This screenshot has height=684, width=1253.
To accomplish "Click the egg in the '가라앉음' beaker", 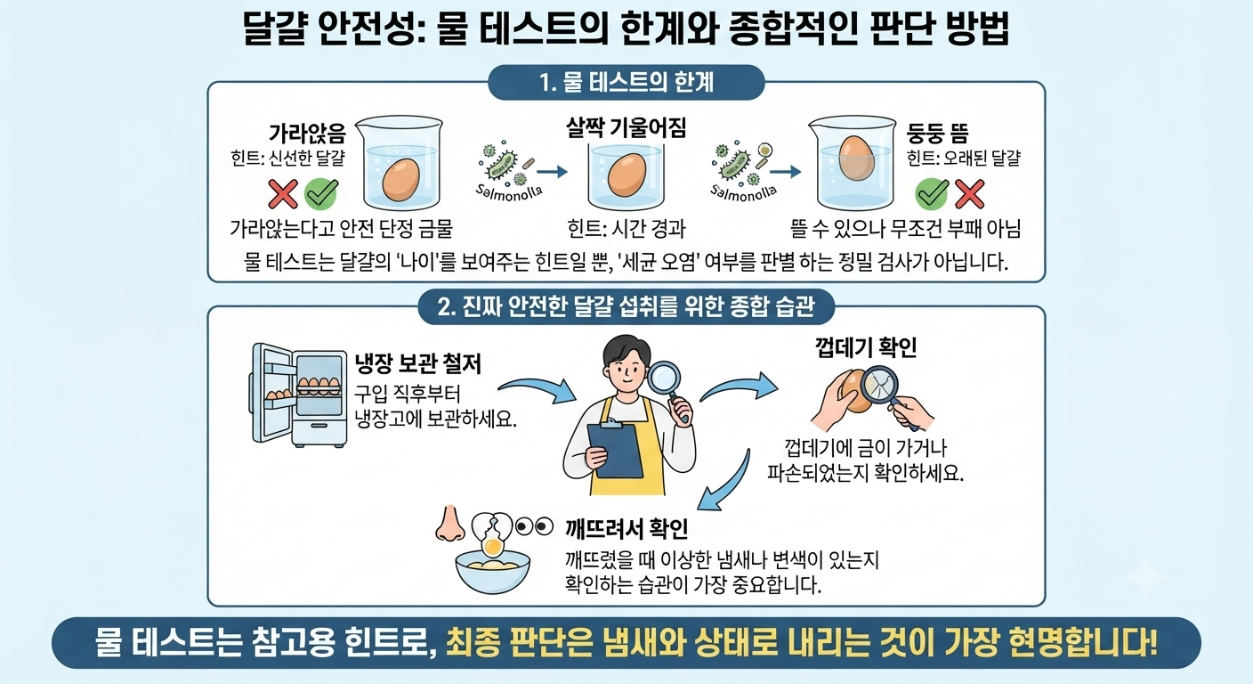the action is click(401, 180).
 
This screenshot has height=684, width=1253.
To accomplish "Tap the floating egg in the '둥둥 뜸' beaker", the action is click(856, 158).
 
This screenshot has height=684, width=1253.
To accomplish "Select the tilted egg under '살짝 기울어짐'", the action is click(626, 175).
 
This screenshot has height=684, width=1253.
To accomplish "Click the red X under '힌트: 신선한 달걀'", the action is click(283, 193).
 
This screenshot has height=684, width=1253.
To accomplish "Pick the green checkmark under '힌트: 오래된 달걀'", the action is click(932, 193).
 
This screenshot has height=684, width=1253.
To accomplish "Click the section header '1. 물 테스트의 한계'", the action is click(626, 82).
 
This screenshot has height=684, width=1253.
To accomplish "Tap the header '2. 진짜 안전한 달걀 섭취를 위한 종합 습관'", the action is click(626, 306).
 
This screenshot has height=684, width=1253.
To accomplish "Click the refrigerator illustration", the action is click(297, 395).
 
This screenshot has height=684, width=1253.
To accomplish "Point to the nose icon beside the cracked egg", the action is click(449, 524).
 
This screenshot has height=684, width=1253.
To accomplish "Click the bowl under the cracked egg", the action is click(493, 571).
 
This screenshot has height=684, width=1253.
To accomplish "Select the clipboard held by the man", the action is click(615, 450).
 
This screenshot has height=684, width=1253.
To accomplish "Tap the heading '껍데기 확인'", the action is click(865, 347).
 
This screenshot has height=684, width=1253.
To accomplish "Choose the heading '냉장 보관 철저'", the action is click(418, 364).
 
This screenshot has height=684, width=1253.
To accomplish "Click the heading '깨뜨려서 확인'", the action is click(626, 528).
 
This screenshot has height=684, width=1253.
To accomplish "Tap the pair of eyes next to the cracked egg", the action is click(534, 526).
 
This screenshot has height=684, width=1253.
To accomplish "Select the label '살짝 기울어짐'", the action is click(626, 129).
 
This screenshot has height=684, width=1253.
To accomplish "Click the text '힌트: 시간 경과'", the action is click(626, 228).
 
